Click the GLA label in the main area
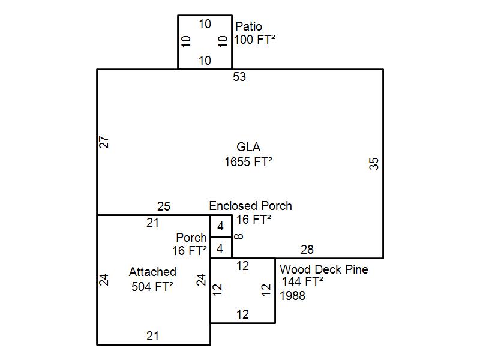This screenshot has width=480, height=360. pos(248,147)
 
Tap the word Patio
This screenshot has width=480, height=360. pos(248,26)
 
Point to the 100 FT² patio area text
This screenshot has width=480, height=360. pos(254,40)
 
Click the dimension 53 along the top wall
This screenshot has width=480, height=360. pos(239,77)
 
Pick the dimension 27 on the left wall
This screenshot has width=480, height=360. pos(104,142)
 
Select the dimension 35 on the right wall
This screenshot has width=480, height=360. pos(375,163)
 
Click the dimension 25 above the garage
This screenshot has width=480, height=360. pos(164,206)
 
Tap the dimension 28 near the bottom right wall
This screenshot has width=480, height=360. pos(307,250)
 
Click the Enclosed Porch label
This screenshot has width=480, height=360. pos(250,206)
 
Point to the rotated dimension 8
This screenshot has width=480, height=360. pos(239,236)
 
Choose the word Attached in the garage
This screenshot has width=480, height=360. pos(152,272)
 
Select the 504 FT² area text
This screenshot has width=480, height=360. pos(152,286)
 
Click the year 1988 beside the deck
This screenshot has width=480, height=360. pos(292,295)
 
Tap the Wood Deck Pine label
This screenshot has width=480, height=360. pos(323,269)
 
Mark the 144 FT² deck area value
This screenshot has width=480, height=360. pos(303,281)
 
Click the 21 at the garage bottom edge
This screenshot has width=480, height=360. pos(153,336)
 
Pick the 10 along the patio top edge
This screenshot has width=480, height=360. pos(205,24)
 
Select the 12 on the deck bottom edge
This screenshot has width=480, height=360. pos(242,314)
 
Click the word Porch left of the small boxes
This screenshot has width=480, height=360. pos(191,238)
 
